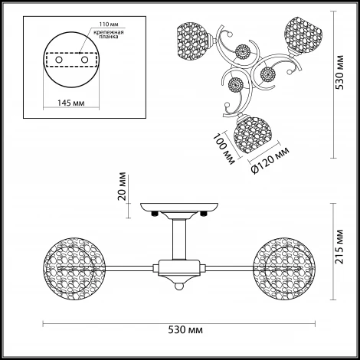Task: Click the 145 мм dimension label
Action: pyautogui.click(x=71, y=103)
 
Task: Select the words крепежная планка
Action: pyautogui.click(x=109, y=34)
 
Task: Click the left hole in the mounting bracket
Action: pyautogui.click(x=59, y=60)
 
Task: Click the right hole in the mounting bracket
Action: pyautogui.click(x=84, y=60)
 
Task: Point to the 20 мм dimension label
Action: pyautogui.click(x=123, y=186)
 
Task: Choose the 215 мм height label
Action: pyautogui.click(x=339, y=247)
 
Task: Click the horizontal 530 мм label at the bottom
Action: pyautogui.click(x=185, y=330)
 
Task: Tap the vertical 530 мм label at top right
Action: pyautogui.click(x=339, y=72)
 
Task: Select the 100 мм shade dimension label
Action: pyautogui.click(x=224, y=149)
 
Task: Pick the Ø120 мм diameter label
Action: pyautogui.click(x=270, y=161)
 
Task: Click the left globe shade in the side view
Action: pyautogui.click(x=74, y=268)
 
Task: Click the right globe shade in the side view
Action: pyautogui.click(x=284, y=268)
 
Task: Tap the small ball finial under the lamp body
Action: pyautogui.click(x=178, y=286)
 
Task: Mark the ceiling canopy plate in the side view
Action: pyautogui.click(x=179, y=207)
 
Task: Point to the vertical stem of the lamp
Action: pyautogui.click(x=178, y=239)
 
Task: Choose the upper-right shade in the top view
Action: pyautogui.click(x=303, y=34)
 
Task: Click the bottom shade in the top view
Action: pyautogui.click(x=251, y=135)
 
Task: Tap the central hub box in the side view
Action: pyautogui.click(x=178, y=268)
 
